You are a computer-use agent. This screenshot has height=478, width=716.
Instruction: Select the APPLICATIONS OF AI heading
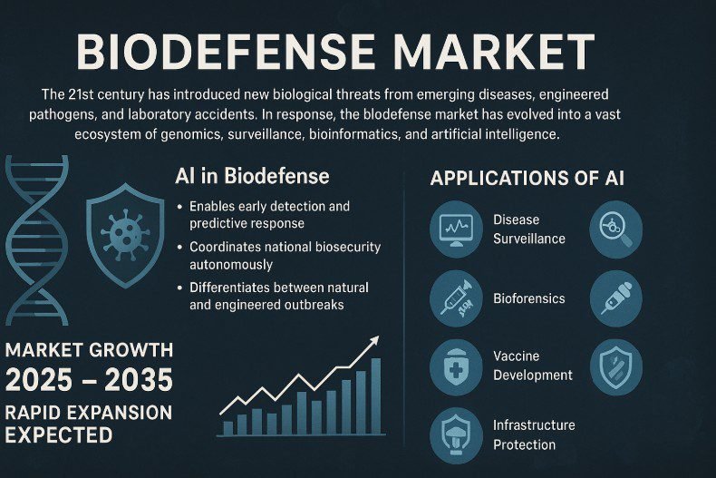[527, 178]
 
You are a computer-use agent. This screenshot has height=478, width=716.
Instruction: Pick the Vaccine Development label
[532, 366]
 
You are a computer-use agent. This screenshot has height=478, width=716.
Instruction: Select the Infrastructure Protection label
[534, 434]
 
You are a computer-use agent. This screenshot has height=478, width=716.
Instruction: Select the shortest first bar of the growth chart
[228, 427]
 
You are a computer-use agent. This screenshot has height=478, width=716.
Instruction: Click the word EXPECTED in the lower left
[59, 434]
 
